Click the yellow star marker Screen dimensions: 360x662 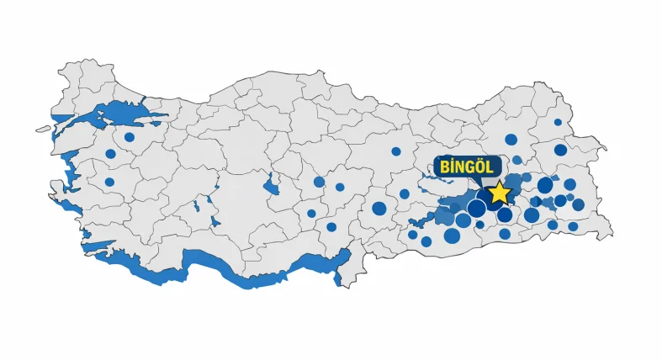tap(500, 192)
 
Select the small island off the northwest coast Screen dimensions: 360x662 tap(43, 130)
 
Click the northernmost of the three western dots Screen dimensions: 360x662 tap(130, 137)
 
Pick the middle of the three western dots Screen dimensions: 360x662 tap(110, 154)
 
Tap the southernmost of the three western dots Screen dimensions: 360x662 tap(109, 182)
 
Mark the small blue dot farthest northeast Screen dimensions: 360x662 tap(558, 122)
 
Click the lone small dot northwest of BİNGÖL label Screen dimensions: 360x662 tap(396, 151)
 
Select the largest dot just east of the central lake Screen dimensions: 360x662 tap(319, 182)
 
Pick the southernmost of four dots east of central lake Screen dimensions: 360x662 tap(331, 227)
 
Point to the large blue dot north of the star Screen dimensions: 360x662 tap(511, 140)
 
